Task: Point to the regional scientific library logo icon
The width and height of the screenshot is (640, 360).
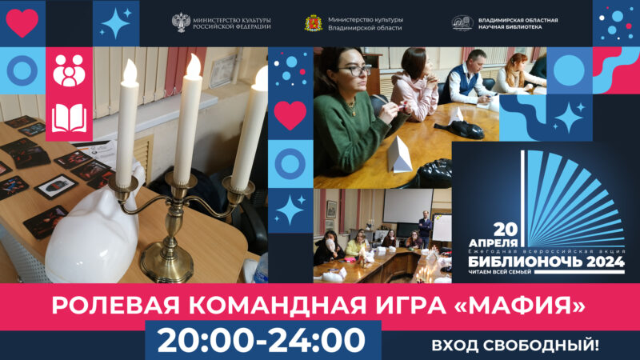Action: (x=462, y=23)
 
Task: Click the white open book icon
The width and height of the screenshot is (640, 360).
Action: (x=69, y=118)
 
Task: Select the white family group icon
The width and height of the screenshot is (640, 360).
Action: (x=69, y=72)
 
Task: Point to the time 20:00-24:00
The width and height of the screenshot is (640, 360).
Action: (x=261, y=340)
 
